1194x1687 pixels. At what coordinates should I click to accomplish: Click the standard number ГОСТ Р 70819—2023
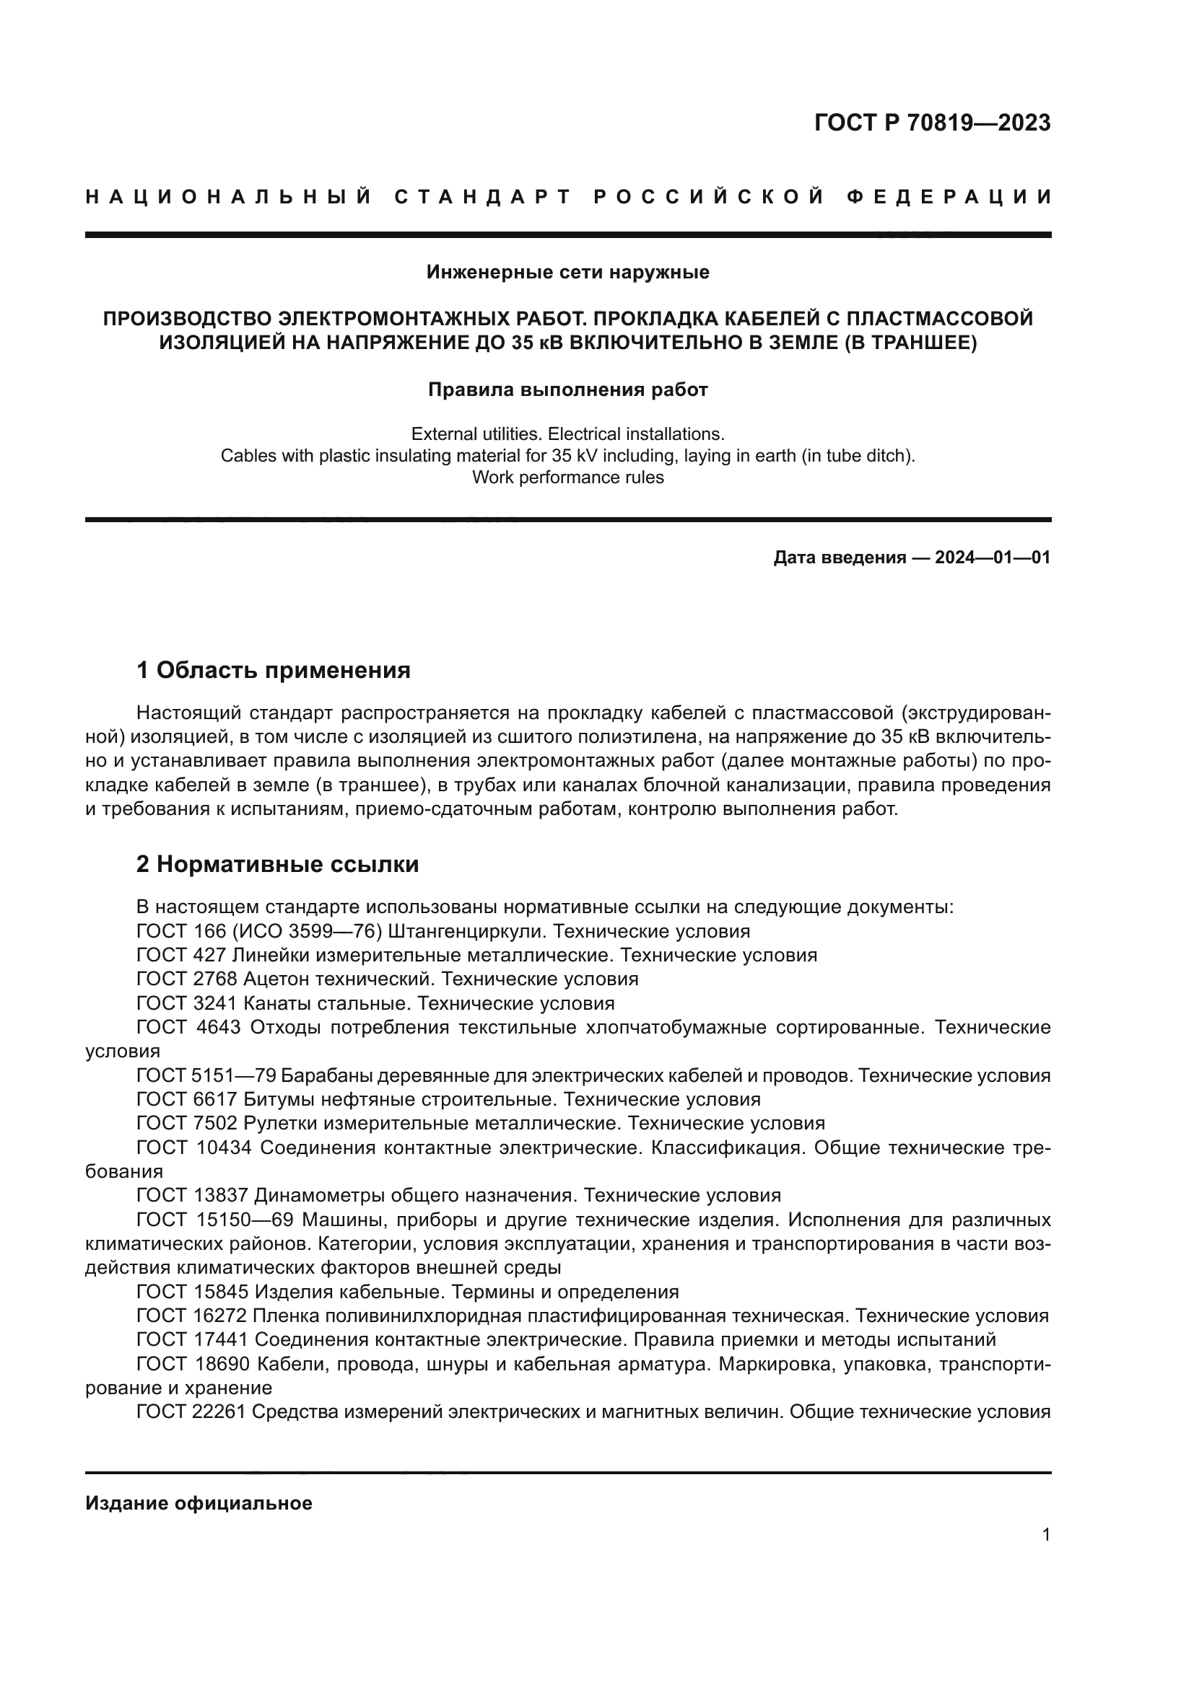[x=931, y=123]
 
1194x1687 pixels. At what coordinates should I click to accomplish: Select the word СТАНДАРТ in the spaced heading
[x=483, y=197]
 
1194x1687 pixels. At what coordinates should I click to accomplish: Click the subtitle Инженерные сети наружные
[x=567, y=273]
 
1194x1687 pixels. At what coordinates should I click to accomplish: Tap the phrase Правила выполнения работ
[x=567, y=390]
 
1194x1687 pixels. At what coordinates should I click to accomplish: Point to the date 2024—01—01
[x=993, y=558]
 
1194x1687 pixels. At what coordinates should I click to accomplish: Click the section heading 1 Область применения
[x=273, y=670]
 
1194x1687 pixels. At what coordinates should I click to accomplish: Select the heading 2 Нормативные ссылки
[x=277, y=865]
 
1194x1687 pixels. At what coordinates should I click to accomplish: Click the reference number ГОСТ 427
[x=181, y=955]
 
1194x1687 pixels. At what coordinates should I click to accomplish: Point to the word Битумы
[x=276, y=1099]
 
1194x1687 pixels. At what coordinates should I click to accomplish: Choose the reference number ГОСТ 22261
[x=191, y=1411]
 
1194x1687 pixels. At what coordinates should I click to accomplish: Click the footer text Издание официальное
[x=199, y=1503]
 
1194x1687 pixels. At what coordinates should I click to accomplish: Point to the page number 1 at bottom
[x=1046, y=1535]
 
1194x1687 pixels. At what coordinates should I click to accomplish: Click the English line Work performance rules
[x=567, y=477]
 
